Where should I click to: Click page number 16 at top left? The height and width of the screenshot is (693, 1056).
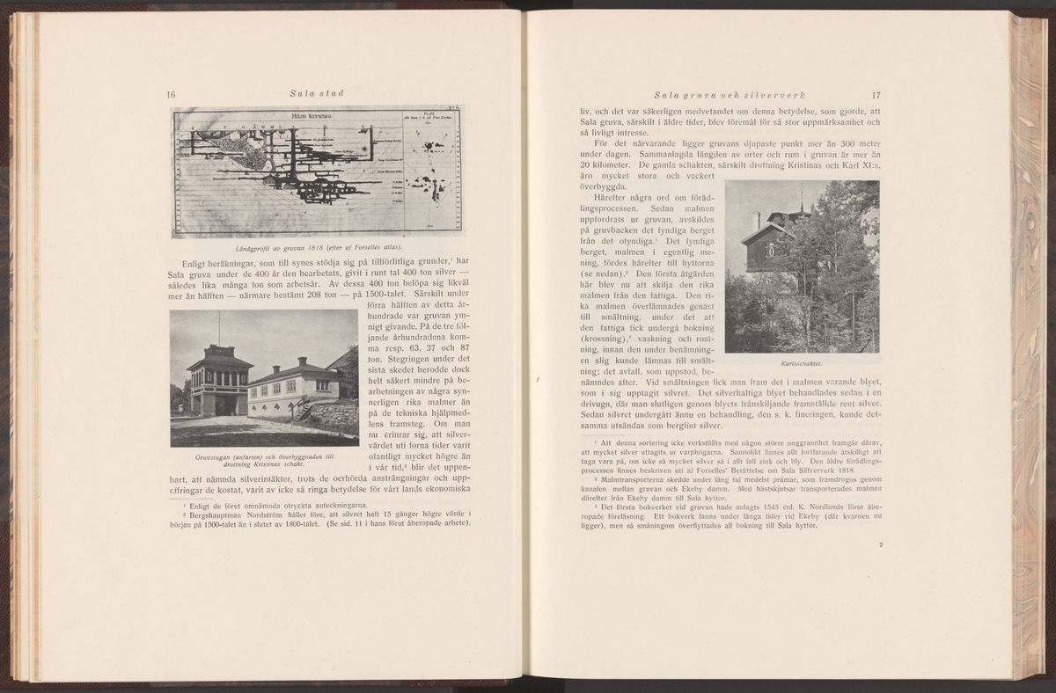[x=172, y=95]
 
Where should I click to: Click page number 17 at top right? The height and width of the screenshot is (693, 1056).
[x=876, y=95]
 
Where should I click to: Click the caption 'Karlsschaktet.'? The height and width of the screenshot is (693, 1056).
[x=801, y=361]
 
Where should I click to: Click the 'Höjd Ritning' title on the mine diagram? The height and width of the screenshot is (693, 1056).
[x=307, y=115]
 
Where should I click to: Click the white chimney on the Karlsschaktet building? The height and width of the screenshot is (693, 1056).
[x=756, y=220]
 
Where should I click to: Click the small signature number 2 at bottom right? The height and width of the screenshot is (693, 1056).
[x=879, y=545]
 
